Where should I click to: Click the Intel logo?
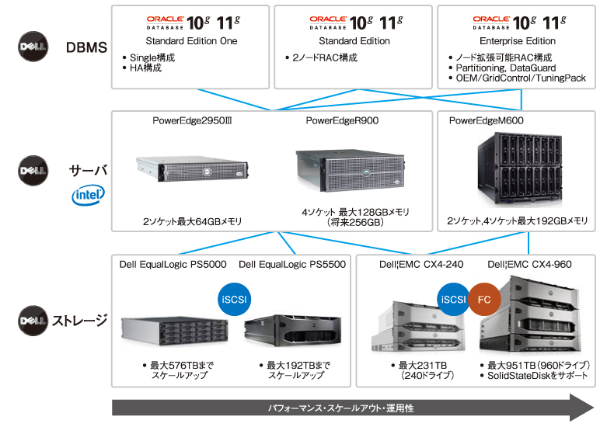point(89,194)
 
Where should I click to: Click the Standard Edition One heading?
point(191,41)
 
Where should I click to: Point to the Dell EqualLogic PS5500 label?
point(292,264)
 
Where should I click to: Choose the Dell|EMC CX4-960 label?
point(529,264)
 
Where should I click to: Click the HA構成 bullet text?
point(146,68)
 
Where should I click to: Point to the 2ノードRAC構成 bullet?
point(323,57)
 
